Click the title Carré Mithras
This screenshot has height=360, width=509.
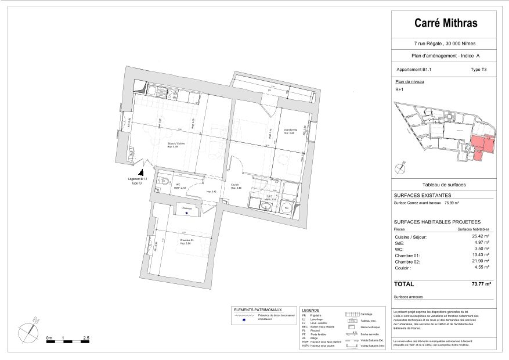point(446,24)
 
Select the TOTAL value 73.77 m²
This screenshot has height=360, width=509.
point(480,284)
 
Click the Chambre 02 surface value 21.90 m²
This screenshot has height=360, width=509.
point(481,261)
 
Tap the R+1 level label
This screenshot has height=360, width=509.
point(399,90)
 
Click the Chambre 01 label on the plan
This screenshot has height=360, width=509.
point(186,240)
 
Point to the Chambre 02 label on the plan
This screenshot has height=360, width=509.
point(290,130)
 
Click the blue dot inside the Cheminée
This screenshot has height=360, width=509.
point(186,213)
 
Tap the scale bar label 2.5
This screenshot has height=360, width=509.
point(86,337)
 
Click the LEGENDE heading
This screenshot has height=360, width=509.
point(311,311)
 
